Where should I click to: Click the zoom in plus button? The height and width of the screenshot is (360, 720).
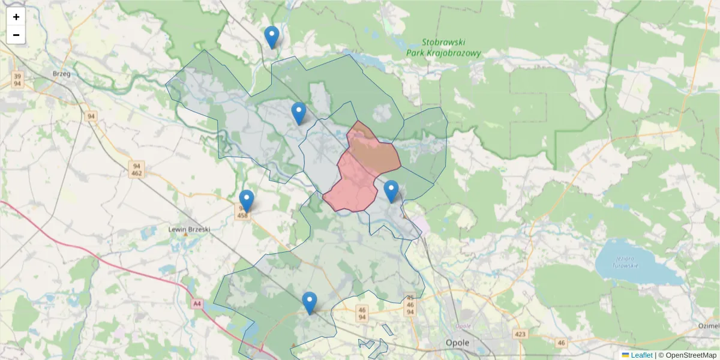16,17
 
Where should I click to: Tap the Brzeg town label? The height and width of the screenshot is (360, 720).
62,74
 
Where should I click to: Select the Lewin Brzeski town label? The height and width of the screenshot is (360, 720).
189,229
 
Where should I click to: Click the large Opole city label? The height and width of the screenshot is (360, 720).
457,343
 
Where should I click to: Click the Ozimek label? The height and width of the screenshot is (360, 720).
709,326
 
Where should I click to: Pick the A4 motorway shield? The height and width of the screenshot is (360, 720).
197,304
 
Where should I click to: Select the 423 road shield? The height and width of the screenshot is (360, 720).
520,334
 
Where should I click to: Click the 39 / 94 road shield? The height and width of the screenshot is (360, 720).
17,80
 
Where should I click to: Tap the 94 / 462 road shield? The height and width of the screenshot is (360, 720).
137,170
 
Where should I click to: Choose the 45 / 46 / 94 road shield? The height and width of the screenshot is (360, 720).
410,305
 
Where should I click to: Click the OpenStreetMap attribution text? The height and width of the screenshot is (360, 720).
687,355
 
